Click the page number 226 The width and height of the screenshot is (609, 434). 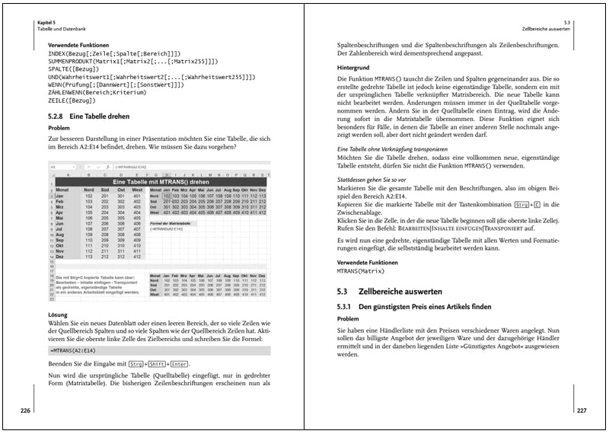point(25,410)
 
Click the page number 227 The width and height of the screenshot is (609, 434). point(582,410)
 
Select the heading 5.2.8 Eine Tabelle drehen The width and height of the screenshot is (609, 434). point(84,116)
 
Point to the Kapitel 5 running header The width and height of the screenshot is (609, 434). point(47,24)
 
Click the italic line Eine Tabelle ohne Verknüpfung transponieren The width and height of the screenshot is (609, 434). point(392,149)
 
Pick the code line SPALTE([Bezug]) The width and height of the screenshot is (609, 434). point(75,67)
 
